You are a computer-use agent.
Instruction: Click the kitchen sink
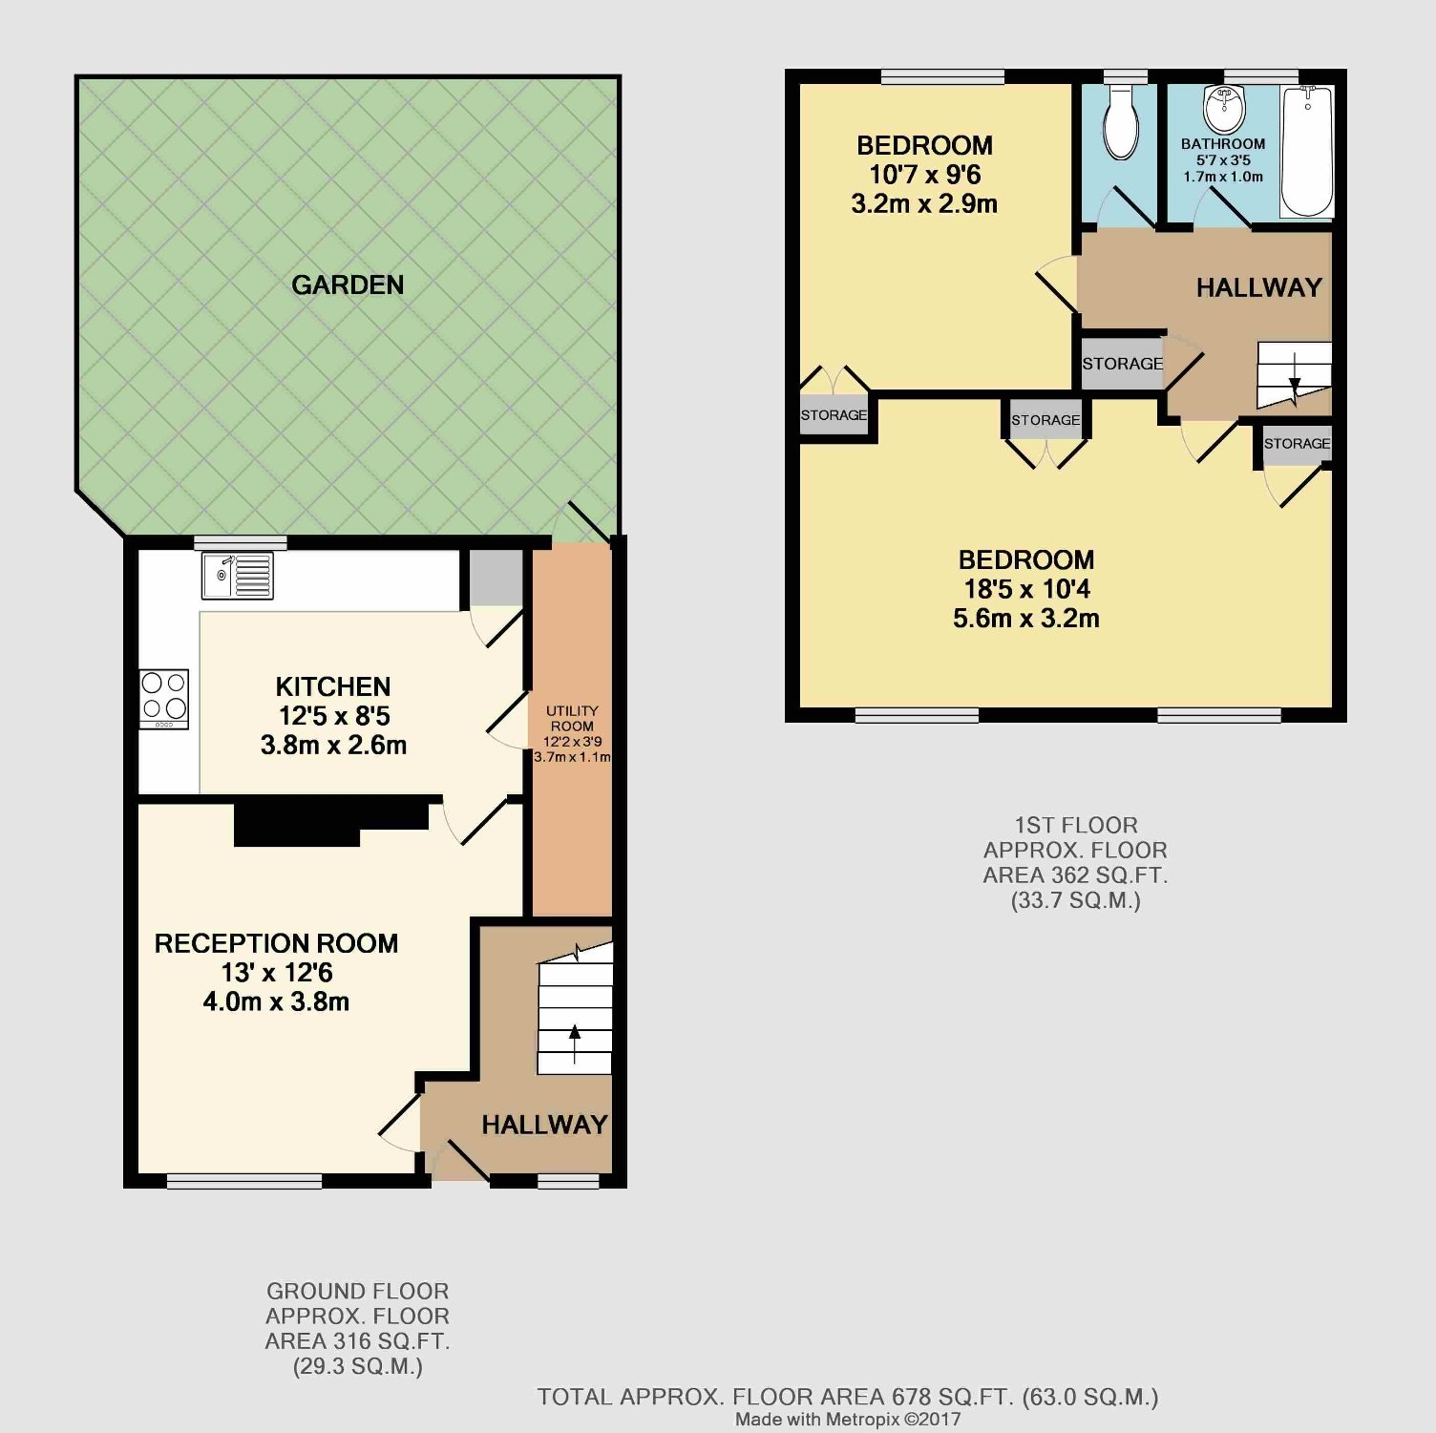(238, 576)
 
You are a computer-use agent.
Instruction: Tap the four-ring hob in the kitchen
(164, 699)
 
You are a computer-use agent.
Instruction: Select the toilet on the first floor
(1120, 122)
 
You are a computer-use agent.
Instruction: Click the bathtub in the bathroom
(1306, 152)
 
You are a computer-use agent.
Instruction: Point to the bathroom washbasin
(1224, 109)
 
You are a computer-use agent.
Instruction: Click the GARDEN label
(348, 284)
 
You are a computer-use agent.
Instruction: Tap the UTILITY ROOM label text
(572, 718)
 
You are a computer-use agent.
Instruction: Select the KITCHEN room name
(333, 686)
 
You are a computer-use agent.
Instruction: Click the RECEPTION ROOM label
(277, 943)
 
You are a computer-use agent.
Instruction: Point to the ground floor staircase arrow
(574, 1043)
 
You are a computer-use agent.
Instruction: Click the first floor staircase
(1294, 374)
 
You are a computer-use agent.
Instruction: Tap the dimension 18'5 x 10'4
(1026, 589)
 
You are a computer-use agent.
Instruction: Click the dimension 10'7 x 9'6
(924, 175)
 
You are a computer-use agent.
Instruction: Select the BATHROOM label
(1223, 144)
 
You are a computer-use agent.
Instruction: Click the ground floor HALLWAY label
(544, 1125)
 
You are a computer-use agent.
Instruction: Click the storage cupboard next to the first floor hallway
(1123, 363)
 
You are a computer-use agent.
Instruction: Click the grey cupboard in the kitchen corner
(496, 578)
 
